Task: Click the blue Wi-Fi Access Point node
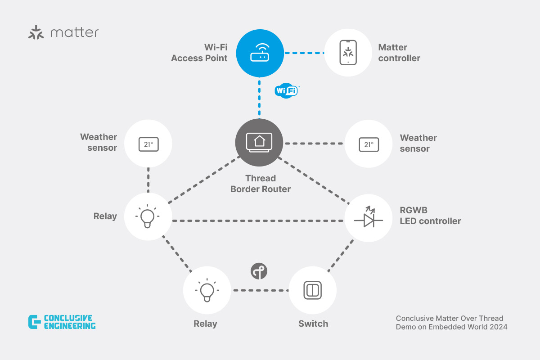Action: pos(260,53)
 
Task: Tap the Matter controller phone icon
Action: pos(347,53)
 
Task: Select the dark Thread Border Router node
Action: pos(259,142)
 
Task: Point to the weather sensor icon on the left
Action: pos(148,144)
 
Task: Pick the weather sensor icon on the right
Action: pos(369,144)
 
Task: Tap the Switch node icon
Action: pos(312,290)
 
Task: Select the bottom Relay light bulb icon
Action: pos(207,290)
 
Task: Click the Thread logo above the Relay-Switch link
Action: pos(259,271)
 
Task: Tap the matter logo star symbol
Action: pos(36,33)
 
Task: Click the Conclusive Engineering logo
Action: pos(62,322)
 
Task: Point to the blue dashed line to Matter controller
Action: pos(304,53)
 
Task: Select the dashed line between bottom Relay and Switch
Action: pos(259,290)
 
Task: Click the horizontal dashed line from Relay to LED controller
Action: pos(256,220)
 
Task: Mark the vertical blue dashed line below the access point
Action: pos(260,98)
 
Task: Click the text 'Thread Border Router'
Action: pos(261,184)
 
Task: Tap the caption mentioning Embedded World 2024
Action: pos(451,323)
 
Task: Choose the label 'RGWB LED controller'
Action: pos(430,215)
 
